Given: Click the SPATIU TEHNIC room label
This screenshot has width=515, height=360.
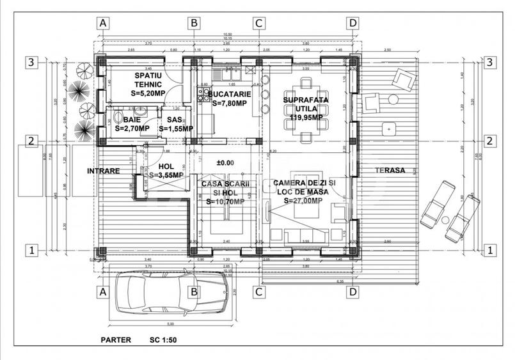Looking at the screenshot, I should pos(148,84).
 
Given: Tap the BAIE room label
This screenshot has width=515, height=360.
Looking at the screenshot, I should pos(132,124).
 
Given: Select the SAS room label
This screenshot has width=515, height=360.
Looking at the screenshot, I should pos(173,124).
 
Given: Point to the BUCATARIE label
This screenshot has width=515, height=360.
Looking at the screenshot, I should pos(229,98).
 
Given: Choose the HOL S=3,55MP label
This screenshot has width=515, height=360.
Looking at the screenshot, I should pos(165,171).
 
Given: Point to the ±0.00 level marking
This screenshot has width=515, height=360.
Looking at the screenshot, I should pos(225,163).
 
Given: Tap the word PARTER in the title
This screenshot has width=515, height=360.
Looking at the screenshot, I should pos(116,340).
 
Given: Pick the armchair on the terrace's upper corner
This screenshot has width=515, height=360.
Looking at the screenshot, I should pos(404,81).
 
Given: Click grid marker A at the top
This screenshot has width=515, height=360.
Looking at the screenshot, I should pos(104,22).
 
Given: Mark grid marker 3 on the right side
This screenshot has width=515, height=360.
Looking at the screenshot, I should pos(489,62).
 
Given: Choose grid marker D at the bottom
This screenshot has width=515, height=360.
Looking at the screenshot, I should pos(352,292).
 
